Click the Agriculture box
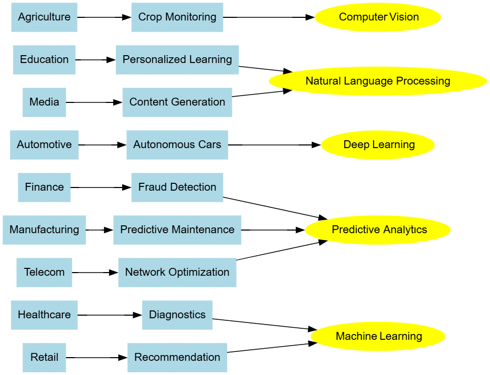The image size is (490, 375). (x=44, y=17)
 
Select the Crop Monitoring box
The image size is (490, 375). (x=177, y=17)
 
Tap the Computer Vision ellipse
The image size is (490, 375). (x=378, y=17)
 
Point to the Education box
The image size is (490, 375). (x=44, y=60)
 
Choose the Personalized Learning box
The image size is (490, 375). (x=177, y=60)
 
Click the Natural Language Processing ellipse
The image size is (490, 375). (x=378, y=81)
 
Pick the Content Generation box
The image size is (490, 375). (x=177, y=102)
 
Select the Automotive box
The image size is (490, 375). (x=44, y=145)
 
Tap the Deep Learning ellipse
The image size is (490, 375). (x=378, y=145)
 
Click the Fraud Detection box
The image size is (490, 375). (x=177, y=187)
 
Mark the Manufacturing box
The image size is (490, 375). (x=44, y=230)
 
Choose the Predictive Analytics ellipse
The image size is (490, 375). (x=378, y=230)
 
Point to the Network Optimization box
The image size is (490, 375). (x=177, y=273)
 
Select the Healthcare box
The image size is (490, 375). (x=44, y=315)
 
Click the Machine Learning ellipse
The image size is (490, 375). (x=378, y=337)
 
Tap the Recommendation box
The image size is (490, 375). (x=177, y=358)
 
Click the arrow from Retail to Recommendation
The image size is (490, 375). (x=97, y=358)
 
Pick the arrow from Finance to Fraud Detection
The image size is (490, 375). (x=100, y=187)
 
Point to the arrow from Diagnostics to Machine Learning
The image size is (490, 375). (x=262, y=324)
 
